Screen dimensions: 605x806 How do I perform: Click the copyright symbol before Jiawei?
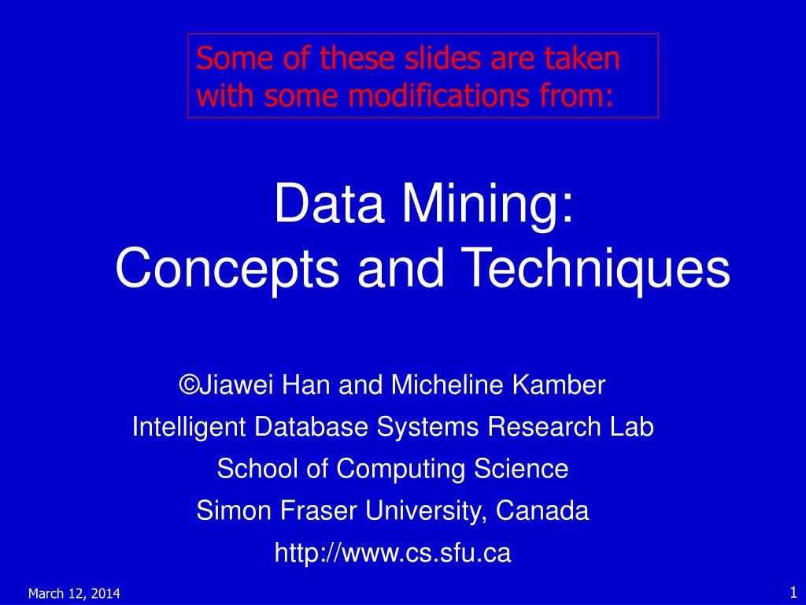188,385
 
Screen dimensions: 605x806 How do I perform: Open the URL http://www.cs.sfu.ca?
393,553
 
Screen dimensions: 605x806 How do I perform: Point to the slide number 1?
790,592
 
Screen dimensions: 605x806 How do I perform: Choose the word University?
429,510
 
